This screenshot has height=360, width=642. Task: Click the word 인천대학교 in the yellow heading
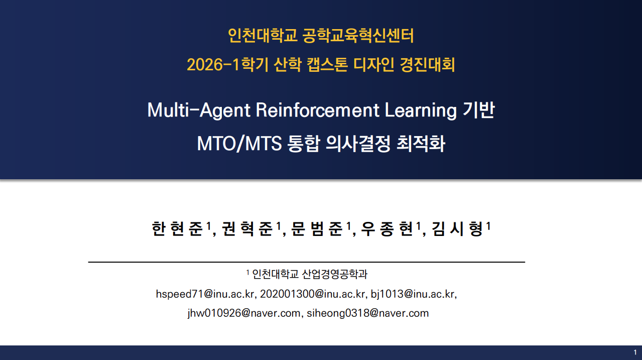(263, 36)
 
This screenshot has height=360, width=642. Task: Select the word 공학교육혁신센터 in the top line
(358, 36)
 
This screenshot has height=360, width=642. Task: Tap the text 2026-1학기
(227, 64)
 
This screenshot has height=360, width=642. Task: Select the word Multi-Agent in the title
(199, 110)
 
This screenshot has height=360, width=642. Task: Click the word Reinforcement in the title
(317, 110)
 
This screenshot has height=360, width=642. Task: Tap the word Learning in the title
(421, 110)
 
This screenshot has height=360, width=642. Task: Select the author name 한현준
(177, 229)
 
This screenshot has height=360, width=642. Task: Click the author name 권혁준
(247, 229)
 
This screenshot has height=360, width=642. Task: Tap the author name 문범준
(317, 229)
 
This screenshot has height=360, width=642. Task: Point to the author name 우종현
(387, 229)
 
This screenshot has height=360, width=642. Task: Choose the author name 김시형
(457, 229)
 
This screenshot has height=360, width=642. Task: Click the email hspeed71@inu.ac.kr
(205, 294)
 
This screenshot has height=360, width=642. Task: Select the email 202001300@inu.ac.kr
(312, 294)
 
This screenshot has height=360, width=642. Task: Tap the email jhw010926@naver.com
(244, 313)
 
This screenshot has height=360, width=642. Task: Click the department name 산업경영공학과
(335, 274)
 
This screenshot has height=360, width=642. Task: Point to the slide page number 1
(635, 352)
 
